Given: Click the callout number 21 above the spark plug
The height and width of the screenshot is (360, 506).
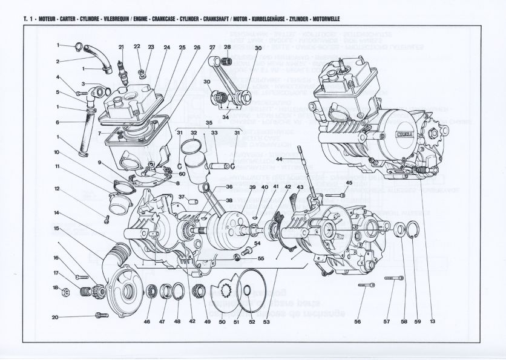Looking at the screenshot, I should click(x=121, y=47).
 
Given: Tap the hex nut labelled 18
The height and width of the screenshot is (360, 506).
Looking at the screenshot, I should click(x=65, y=292).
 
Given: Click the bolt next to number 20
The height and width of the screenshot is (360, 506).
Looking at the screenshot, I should click(x=100, y=315).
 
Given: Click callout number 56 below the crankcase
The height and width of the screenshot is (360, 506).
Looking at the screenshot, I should click(x=358, y=321).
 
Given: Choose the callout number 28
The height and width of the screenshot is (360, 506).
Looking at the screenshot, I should click(x=228, y=47).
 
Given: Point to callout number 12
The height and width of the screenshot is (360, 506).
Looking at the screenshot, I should click(x=57, y=189).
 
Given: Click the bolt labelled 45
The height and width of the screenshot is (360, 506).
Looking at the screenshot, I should click(x=337, y=195).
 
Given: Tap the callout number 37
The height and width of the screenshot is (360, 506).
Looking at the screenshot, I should click(x=182, y=197).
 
